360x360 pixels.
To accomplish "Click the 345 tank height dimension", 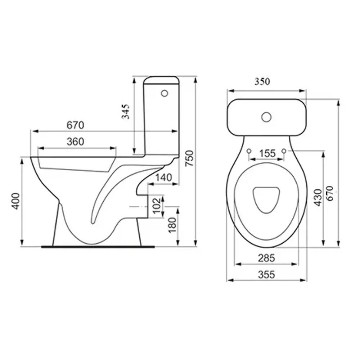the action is pos(126,112).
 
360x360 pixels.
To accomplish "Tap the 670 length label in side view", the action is pos(75,125).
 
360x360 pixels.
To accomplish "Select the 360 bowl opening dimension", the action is pos(75,141).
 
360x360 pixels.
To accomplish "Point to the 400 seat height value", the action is pos(16,201).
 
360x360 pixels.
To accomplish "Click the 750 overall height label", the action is pos(190,158).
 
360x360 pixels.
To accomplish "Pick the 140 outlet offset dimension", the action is pos(163,177).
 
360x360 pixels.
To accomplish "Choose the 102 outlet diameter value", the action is pos(157,206).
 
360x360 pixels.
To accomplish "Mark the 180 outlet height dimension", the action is pos(172,225).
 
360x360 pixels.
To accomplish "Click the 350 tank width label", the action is pos(262,81).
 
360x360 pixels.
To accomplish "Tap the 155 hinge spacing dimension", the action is pos(267,153).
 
